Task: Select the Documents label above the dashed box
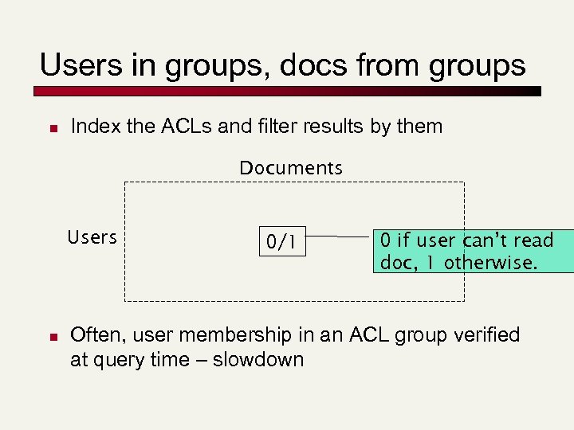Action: coord(291,168)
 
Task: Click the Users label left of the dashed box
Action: coord(92,237)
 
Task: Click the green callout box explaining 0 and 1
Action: coord(473,251)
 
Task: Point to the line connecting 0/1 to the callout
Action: coord(339,236)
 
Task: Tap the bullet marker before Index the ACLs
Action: coord(49,127)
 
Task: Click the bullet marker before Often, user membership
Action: coord(49,336)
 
